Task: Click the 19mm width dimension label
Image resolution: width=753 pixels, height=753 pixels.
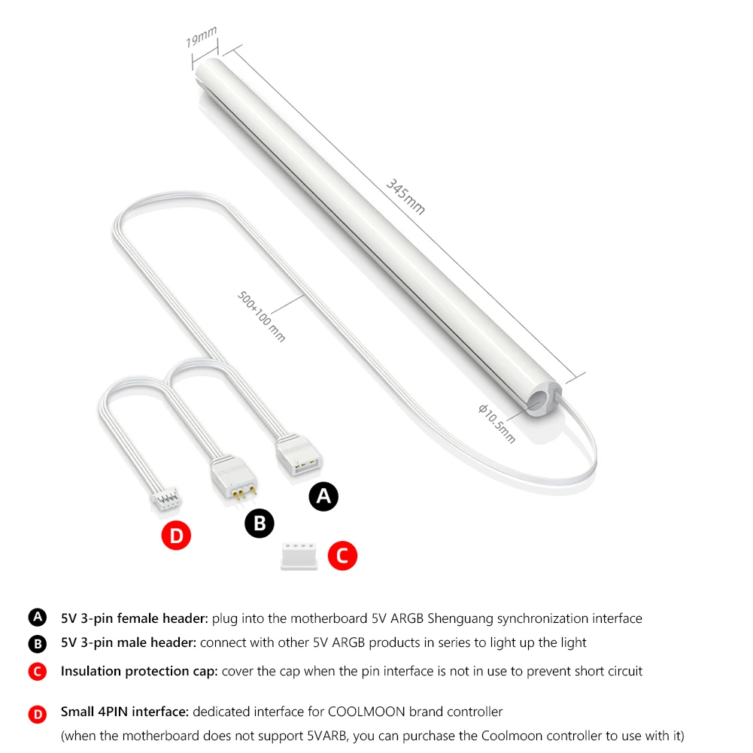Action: tap(201, 36)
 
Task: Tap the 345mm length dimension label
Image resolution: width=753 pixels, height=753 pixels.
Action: tap(405, 197)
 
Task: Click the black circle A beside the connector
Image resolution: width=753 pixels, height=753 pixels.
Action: tap(324, 496)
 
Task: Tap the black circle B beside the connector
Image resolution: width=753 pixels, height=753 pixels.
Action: tap(260, 524)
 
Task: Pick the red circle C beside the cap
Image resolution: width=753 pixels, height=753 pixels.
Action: tap(342, 557)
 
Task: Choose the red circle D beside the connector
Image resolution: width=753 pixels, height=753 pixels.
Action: tap(176, 536)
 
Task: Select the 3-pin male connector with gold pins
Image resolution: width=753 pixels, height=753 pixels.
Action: tap(235, 479)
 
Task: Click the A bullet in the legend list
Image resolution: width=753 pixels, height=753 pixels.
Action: tap(37, 618)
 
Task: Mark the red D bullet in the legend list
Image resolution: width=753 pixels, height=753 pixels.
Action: tap(37, 715)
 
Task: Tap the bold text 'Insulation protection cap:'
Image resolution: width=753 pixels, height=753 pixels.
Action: tap(139, 671)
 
